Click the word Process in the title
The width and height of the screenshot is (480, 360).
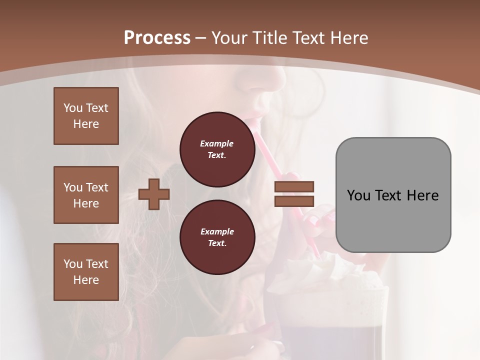(x=157, y=38)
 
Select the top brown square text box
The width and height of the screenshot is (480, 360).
(x=86, y=116)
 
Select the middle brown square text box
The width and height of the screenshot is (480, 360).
(x=86, y=195)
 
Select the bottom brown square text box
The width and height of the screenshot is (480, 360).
(x=86, y=272)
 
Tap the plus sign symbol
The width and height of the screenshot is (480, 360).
(x=154, y=194)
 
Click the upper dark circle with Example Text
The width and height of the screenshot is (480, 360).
(x=217, y=149)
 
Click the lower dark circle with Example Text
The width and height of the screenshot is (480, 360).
(x=217, y=237)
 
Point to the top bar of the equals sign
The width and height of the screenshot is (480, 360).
(x=294, y=186)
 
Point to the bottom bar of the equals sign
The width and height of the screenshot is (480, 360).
(x=294, y=201)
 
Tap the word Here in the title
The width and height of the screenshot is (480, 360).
(x=347, y=38)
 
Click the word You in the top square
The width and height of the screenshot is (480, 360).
(x=73, y=108)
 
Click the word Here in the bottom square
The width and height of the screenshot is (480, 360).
(x=86, y=280)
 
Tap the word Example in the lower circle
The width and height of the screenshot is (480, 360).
(x=217, y=231)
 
